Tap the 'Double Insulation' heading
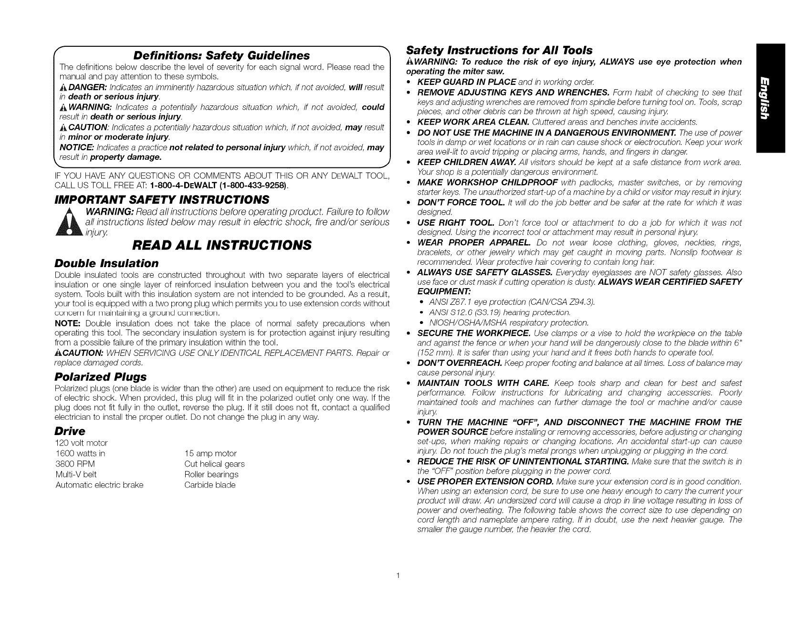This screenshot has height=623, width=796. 106,263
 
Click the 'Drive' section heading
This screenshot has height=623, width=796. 70,431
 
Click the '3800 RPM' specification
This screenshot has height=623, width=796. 75,464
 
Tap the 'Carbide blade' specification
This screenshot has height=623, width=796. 210,485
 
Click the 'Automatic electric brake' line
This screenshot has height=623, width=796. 99,485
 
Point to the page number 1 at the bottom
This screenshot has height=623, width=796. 398,576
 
